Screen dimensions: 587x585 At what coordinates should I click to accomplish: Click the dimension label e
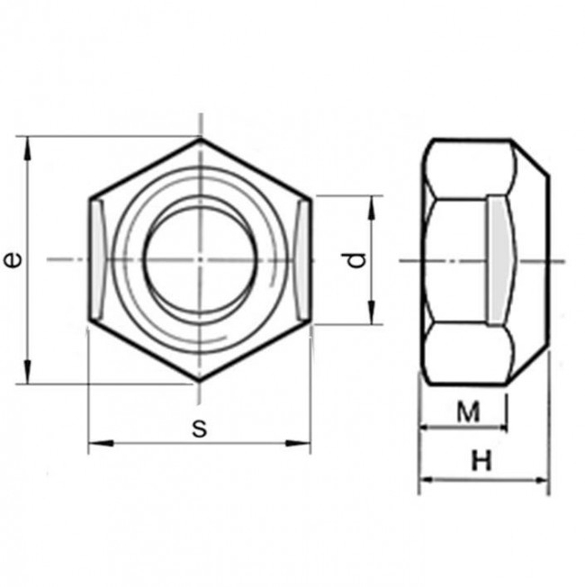12,260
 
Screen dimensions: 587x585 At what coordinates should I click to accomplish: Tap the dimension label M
466,412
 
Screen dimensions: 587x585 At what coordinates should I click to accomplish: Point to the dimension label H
482,463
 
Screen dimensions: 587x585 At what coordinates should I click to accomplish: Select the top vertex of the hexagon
200,139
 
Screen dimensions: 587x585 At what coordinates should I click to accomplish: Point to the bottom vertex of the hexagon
200,382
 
